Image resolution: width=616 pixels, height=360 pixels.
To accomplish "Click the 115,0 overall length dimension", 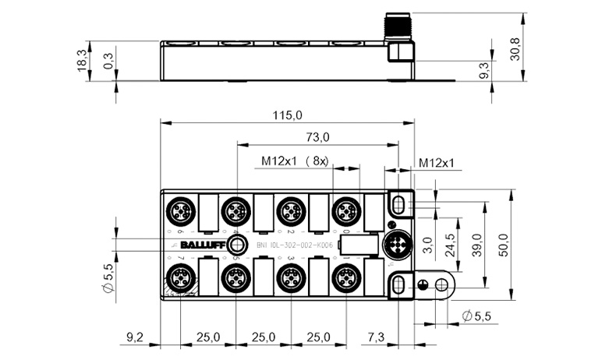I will [x=287, y=115].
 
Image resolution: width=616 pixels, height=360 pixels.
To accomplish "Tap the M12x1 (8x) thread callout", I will [x=296, y=161].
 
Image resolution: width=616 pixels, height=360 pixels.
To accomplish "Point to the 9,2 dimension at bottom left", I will [x=133, y=338].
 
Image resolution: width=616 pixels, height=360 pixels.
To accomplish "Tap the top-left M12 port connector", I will [x=179, y=210].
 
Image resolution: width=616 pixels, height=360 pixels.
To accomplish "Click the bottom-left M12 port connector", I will [x=179, y=277].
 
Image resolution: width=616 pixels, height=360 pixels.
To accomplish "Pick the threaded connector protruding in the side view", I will [x=398, y=41].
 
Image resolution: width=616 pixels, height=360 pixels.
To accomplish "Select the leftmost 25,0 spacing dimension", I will [x=207, y=338].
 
